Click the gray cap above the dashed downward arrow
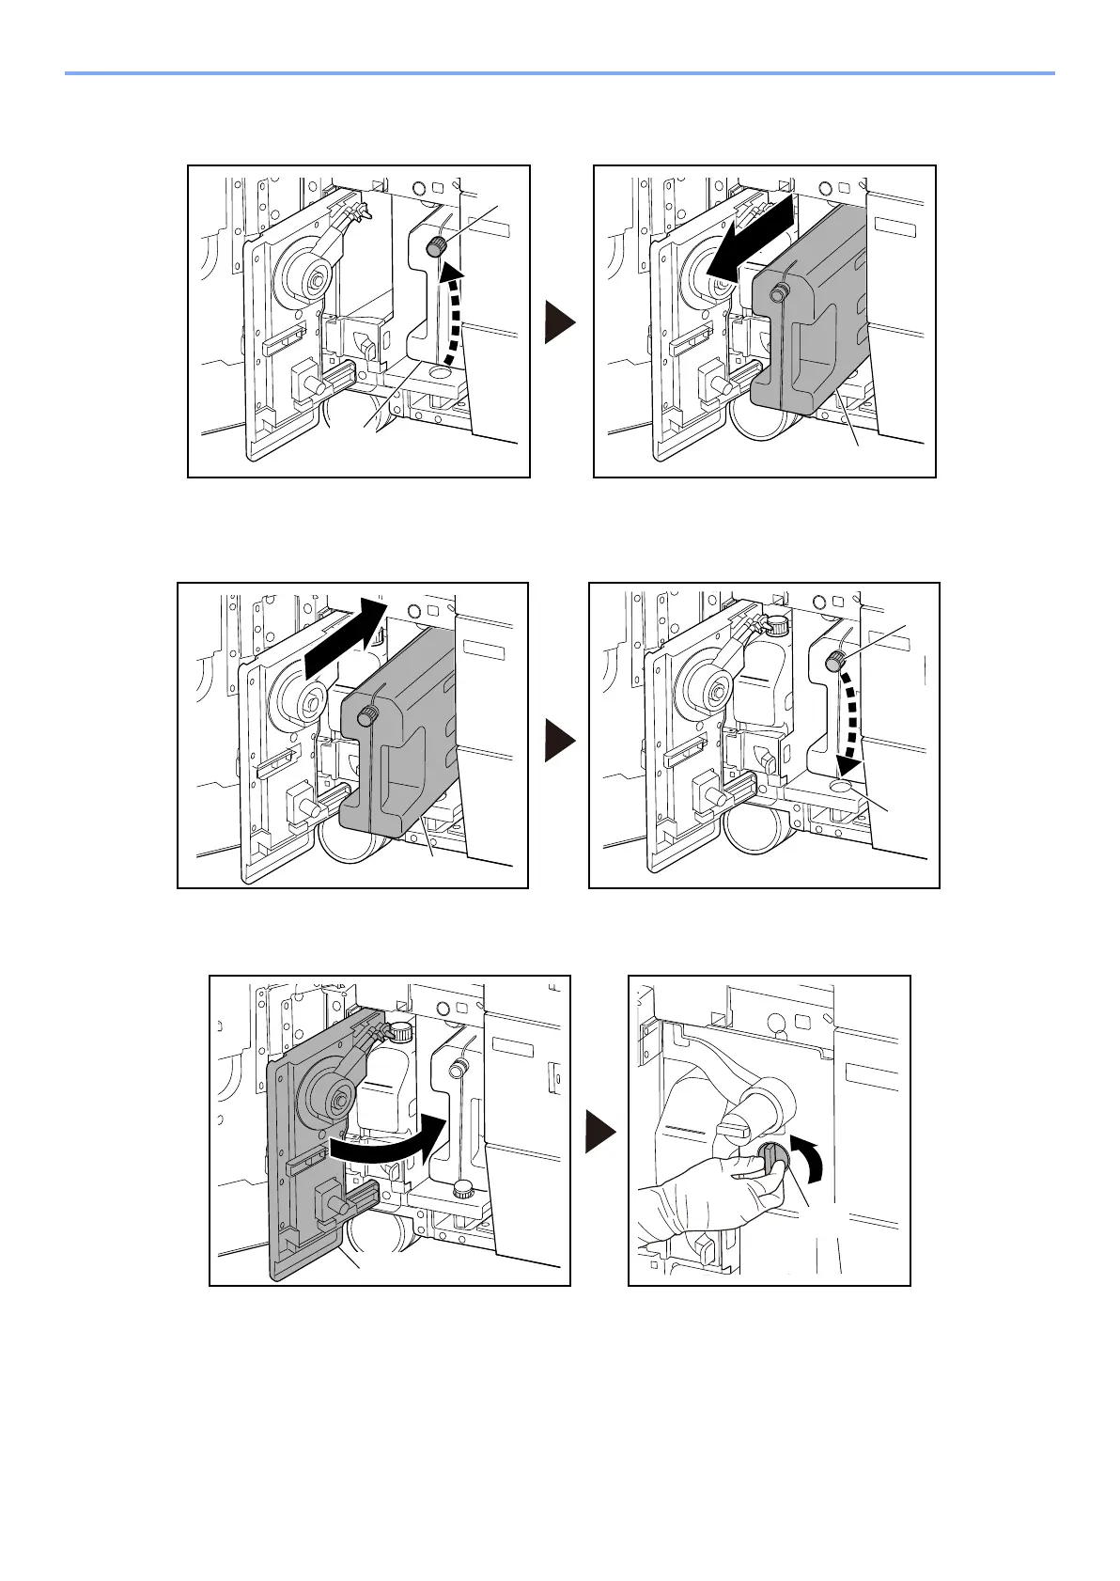point(833,664)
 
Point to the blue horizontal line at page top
point(559,72)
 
